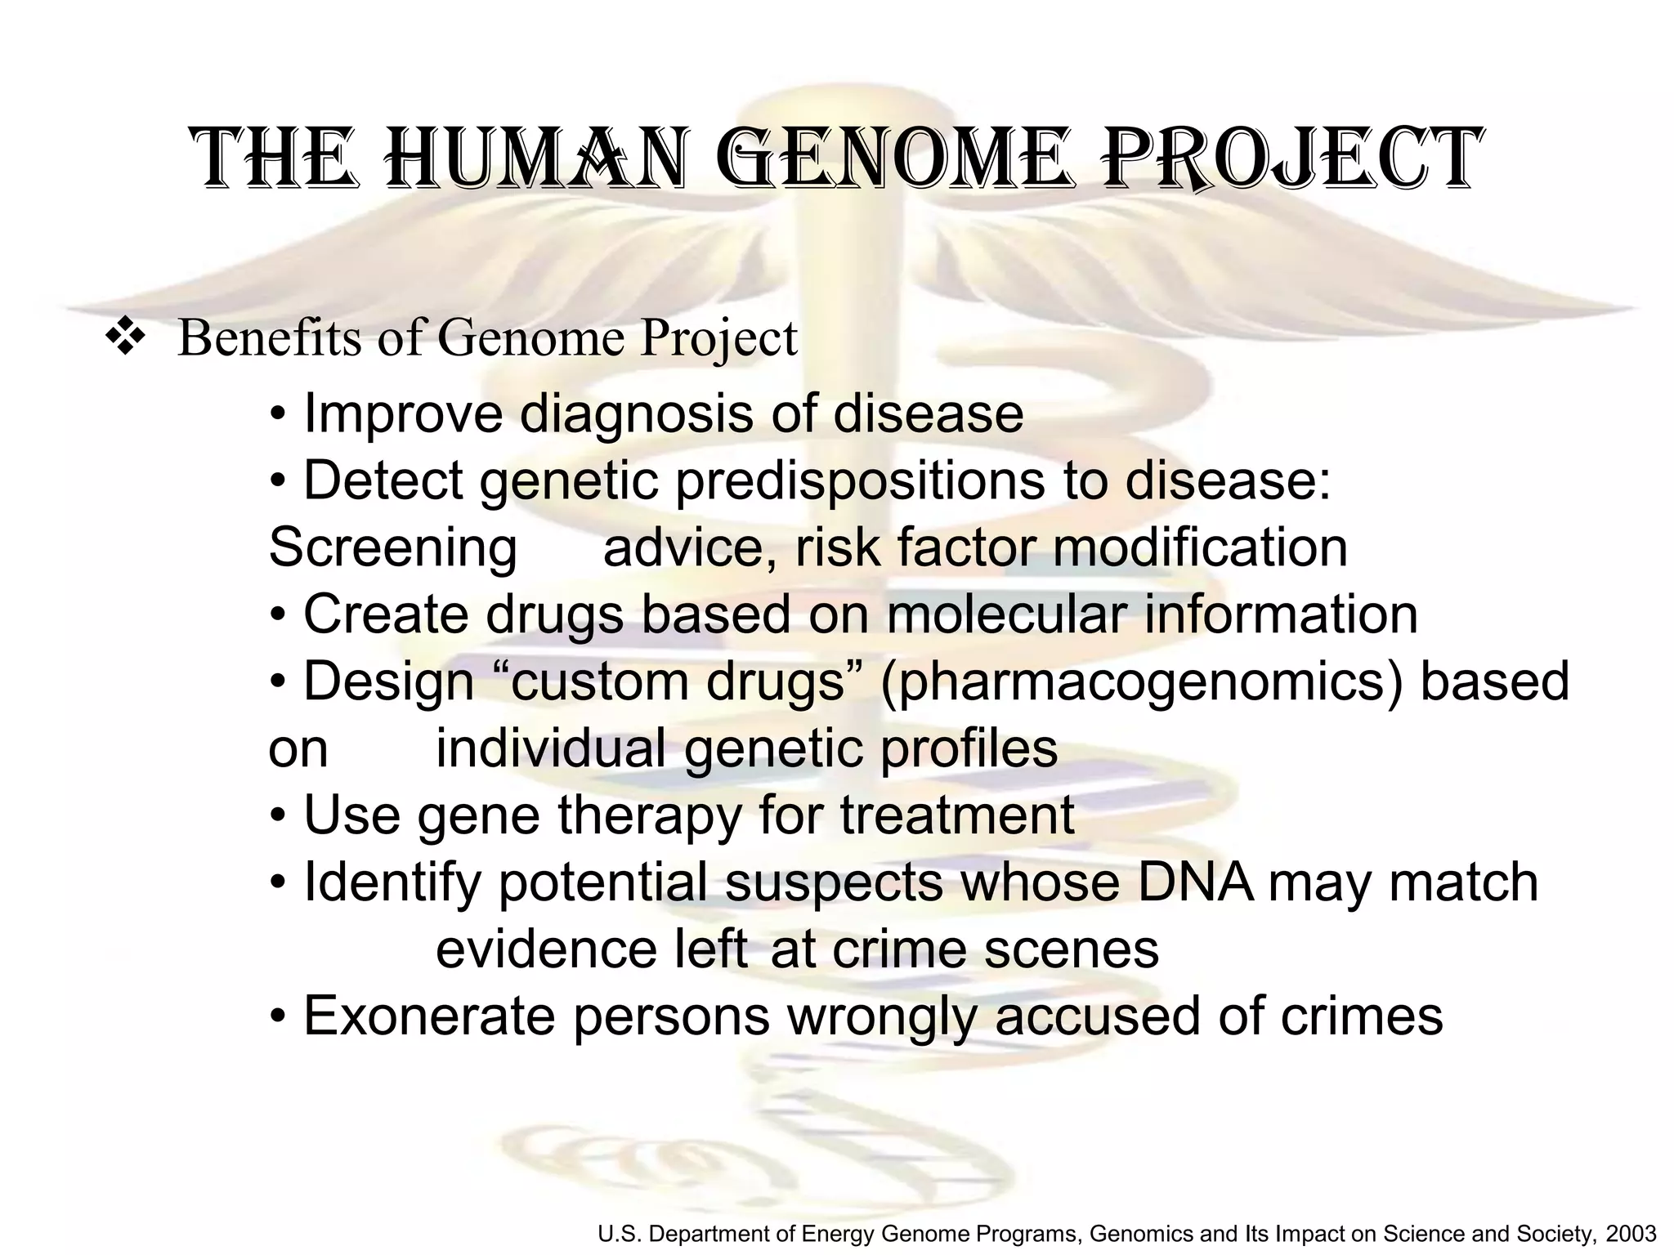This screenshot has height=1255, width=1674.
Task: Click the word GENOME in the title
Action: tap(896, 160)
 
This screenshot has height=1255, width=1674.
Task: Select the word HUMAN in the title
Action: tap(535, 160)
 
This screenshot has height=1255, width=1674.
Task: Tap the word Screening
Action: tap(392, 547)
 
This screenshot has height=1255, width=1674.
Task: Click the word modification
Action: tap(1200, 547)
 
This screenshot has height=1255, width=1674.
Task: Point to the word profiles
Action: tap(969, 748)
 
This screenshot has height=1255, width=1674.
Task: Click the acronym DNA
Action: tap(1195, 882)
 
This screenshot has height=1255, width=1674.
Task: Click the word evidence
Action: tap(546, 949)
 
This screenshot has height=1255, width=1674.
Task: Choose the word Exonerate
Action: tap(429, 1016)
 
